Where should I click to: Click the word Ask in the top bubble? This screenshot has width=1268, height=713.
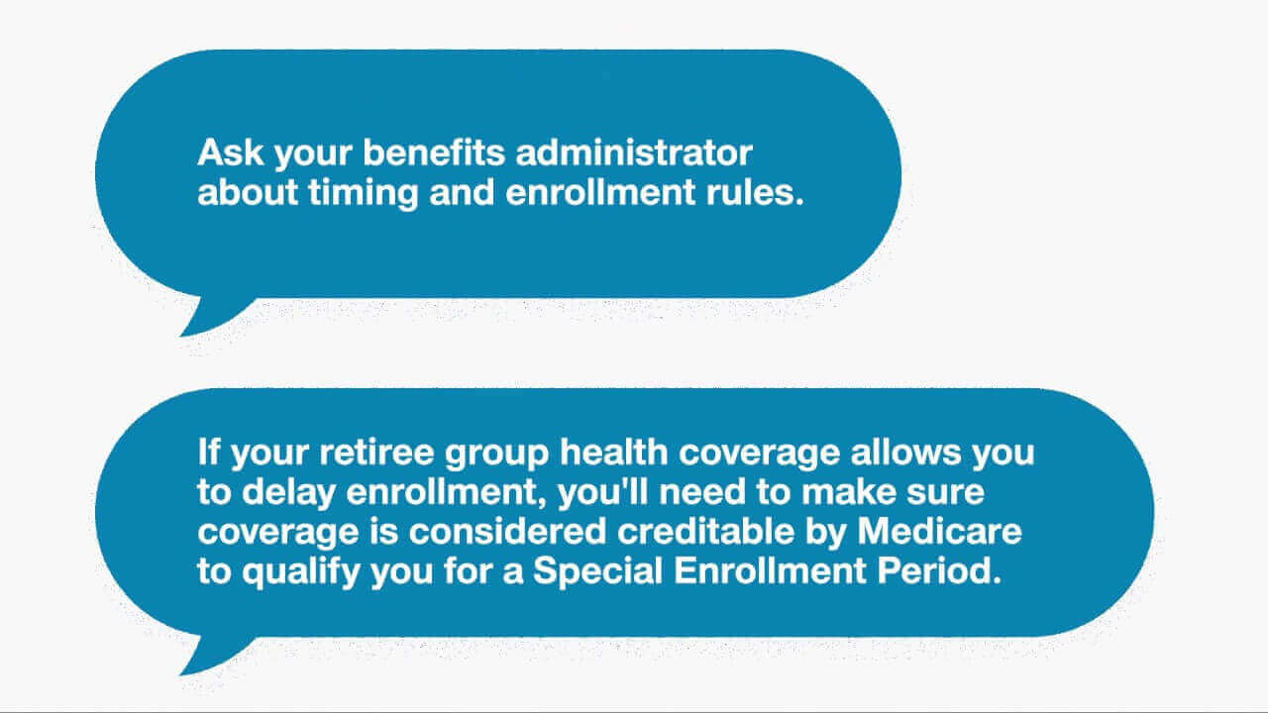(x=231, y=153)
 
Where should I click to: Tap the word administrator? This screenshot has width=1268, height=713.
(x=634, y=153)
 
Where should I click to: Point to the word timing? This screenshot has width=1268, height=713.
(x=364, y=193)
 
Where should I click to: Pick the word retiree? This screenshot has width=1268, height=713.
(x=376, y=453)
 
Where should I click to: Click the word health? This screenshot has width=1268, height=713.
(x=614, y=453)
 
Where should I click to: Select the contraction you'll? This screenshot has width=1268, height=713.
(x=603, y=493)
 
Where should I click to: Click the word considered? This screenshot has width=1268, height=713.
(x=508, y=532)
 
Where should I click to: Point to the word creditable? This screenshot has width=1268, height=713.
(x=706, y=532)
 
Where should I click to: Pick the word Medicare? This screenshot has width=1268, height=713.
(x=940, y=532)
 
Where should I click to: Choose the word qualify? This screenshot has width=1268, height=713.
(x=301, y=572)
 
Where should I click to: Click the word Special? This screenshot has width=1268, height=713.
(x=597, y=572)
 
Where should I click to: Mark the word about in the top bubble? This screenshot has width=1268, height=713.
(x=248, y=192)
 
